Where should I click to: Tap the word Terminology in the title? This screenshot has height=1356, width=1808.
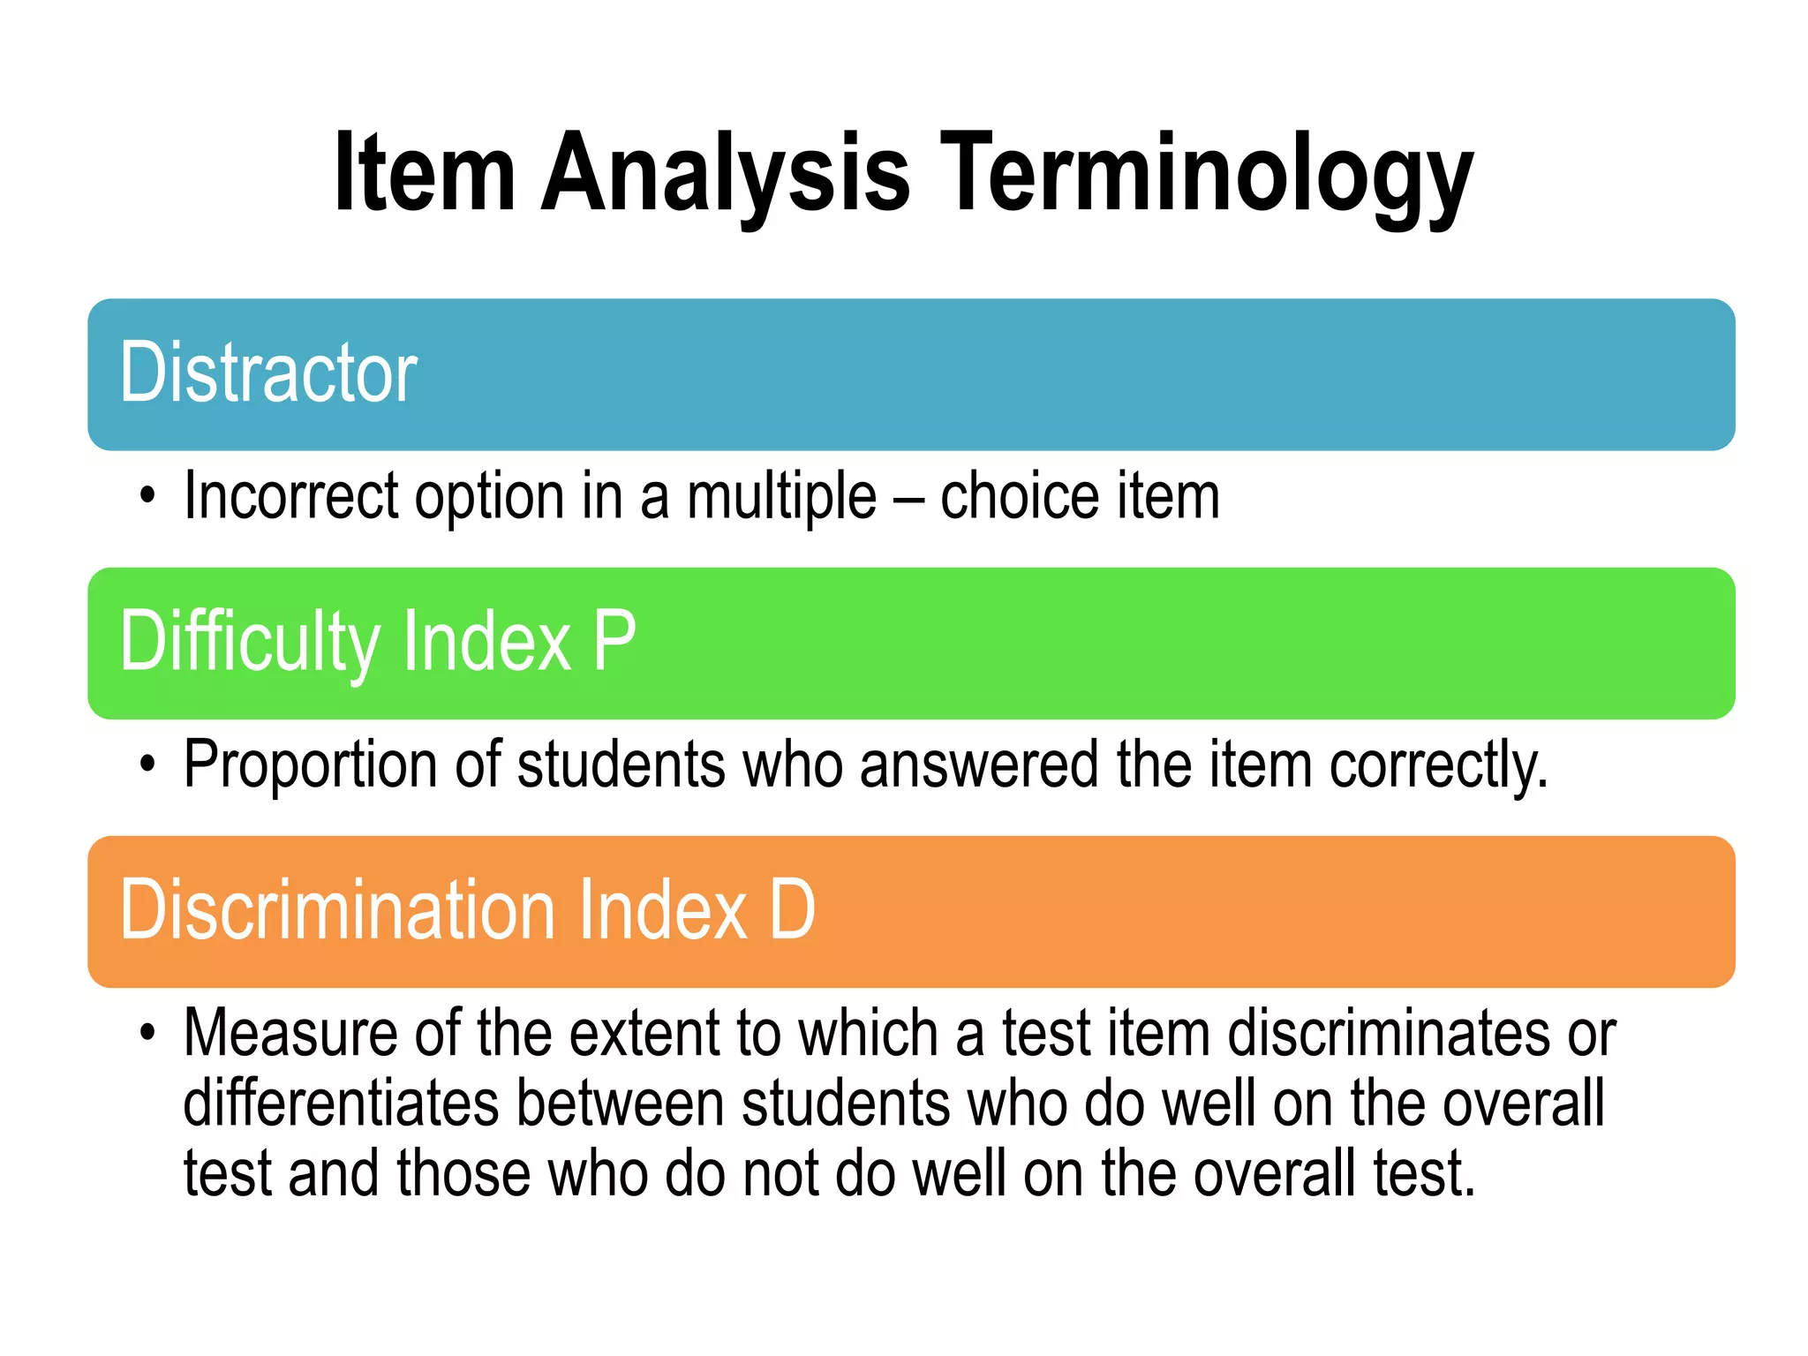tap(1205, 174)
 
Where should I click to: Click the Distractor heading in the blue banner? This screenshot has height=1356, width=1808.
tap(268, 373)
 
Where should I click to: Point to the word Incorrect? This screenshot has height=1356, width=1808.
tap(291, 496)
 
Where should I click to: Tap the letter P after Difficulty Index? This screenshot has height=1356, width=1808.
tap(614, 641)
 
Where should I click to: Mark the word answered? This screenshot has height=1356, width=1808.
tap(979, 765)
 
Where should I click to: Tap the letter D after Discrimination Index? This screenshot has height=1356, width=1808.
tap(792, 910)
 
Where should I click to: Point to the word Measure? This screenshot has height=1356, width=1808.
tap(290, 1033)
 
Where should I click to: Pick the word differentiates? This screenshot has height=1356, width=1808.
tap(341, 1104)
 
